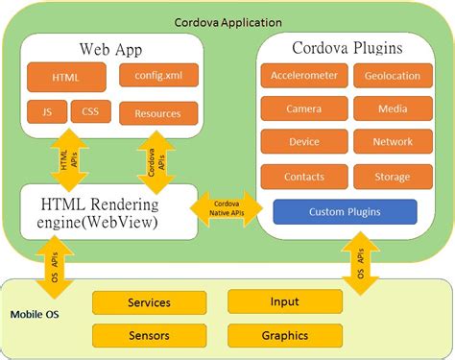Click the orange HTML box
(x=66, y=77)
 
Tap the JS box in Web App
(x=46, y=111)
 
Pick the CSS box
(x=89, y=111)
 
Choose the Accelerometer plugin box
(x=303, y=77)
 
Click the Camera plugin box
(x=303, y=109)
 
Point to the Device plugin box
(x=303, y=143)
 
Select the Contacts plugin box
(x=303, y=177)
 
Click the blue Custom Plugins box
(x=345, y=211)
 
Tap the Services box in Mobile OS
(x=149, y=302)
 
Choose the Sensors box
(x=149, y=335)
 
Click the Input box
(x=284, y=302)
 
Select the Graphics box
(x=284, y=335)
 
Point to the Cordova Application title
(x=227, y=21)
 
